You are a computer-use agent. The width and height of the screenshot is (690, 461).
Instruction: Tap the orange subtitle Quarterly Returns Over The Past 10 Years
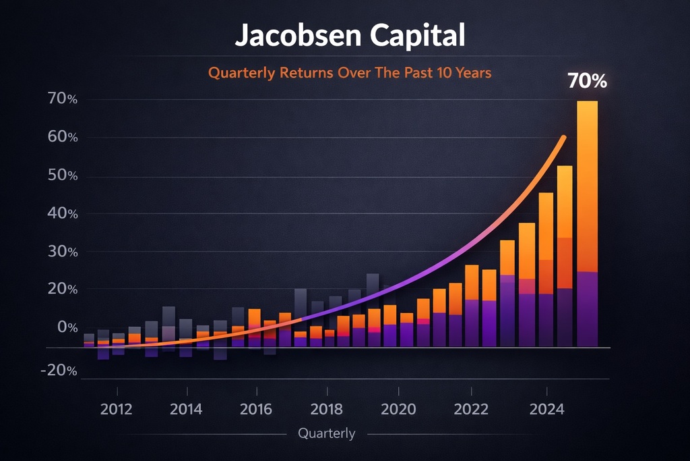(350, 72)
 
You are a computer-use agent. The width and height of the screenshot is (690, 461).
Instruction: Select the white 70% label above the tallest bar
(587, 81)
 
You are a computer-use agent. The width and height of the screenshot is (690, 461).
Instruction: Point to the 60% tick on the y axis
(63, 138)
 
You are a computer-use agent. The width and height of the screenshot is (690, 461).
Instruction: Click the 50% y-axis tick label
(63, 176)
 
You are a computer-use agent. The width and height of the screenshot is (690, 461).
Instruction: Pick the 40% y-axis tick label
(63, 214)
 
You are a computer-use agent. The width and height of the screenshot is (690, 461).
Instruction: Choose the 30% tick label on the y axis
(63, 252)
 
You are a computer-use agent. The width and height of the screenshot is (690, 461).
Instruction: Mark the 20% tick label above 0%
(63, 290)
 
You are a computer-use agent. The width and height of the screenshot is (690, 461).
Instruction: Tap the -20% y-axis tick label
(59, 371)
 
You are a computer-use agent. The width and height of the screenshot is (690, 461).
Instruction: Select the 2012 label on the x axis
(117, 410)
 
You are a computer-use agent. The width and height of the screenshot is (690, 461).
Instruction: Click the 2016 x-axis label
(256, 410)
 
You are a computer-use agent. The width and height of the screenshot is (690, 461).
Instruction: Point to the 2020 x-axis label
(399, 410)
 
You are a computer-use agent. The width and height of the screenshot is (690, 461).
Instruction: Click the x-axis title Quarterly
(326, 434)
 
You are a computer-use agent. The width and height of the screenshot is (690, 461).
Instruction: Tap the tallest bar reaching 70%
(587, 223)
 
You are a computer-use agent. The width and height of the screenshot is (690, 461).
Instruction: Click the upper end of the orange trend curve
(564, 138)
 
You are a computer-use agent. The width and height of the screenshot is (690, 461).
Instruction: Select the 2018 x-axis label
(326, 410)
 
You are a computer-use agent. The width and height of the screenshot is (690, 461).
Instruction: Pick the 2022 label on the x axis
(471, 410)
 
